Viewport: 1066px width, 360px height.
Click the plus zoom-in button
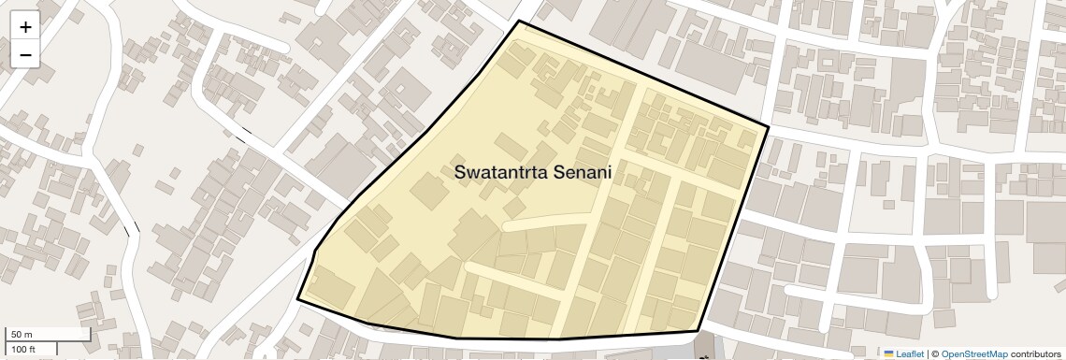coord(25,27)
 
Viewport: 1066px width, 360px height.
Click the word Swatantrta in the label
coord(500,173)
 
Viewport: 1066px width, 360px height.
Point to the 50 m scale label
coord(22,335)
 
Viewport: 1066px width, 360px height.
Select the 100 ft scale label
coord(23,349)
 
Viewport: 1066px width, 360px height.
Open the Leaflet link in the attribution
coord(910,353)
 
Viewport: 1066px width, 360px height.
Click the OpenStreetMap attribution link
coord(974,353)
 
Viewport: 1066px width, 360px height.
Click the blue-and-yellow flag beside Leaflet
coord(889,353)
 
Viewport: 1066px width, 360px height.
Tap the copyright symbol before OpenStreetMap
coord(935,353)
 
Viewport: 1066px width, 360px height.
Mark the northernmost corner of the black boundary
coord(518,21)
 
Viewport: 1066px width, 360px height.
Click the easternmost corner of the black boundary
coord(769,127)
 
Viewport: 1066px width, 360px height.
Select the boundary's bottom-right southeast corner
coord(698,330)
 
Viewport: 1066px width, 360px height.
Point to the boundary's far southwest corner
coord(298,299)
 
